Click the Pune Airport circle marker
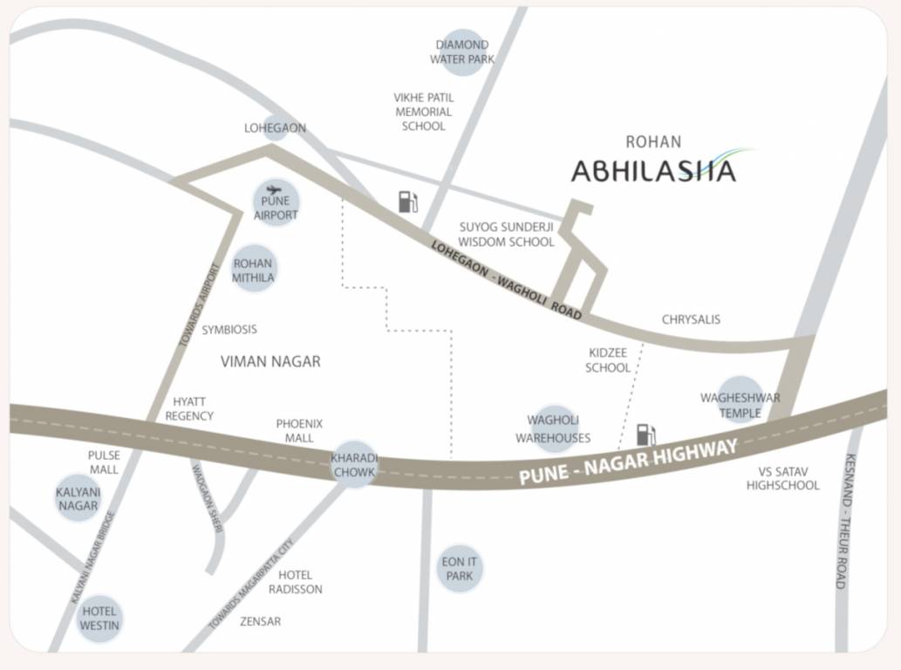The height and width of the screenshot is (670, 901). (x=276, y=203)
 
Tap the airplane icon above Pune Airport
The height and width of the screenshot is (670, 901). (x=276, y=189)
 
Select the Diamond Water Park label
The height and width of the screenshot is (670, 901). (x=462, y=52)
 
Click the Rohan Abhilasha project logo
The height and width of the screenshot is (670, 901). (x=653, y=161)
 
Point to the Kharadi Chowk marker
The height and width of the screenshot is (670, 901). (x=353, y=465)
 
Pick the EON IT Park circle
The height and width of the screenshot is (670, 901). (x=460, y=569)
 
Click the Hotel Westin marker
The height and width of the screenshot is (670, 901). (x=99, y=619)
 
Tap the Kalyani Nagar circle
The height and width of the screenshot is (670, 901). (x=78, y=498)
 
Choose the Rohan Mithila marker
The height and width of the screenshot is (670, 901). (x=253, y=270)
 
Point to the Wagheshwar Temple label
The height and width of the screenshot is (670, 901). (x=741, y=406)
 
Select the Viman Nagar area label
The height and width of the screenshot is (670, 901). (x=270, y=361)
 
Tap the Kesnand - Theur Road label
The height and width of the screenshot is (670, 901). (x=843, y=521)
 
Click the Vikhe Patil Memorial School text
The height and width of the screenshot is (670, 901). (x=424, y=112)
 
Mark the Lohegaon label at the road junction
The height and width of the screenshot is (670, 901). (x=275, y=128)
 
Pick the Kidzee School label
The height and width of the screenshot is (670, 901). (x=608, y=359)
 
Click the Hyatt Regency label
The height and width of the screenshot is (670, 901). (x=189, y=408)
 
